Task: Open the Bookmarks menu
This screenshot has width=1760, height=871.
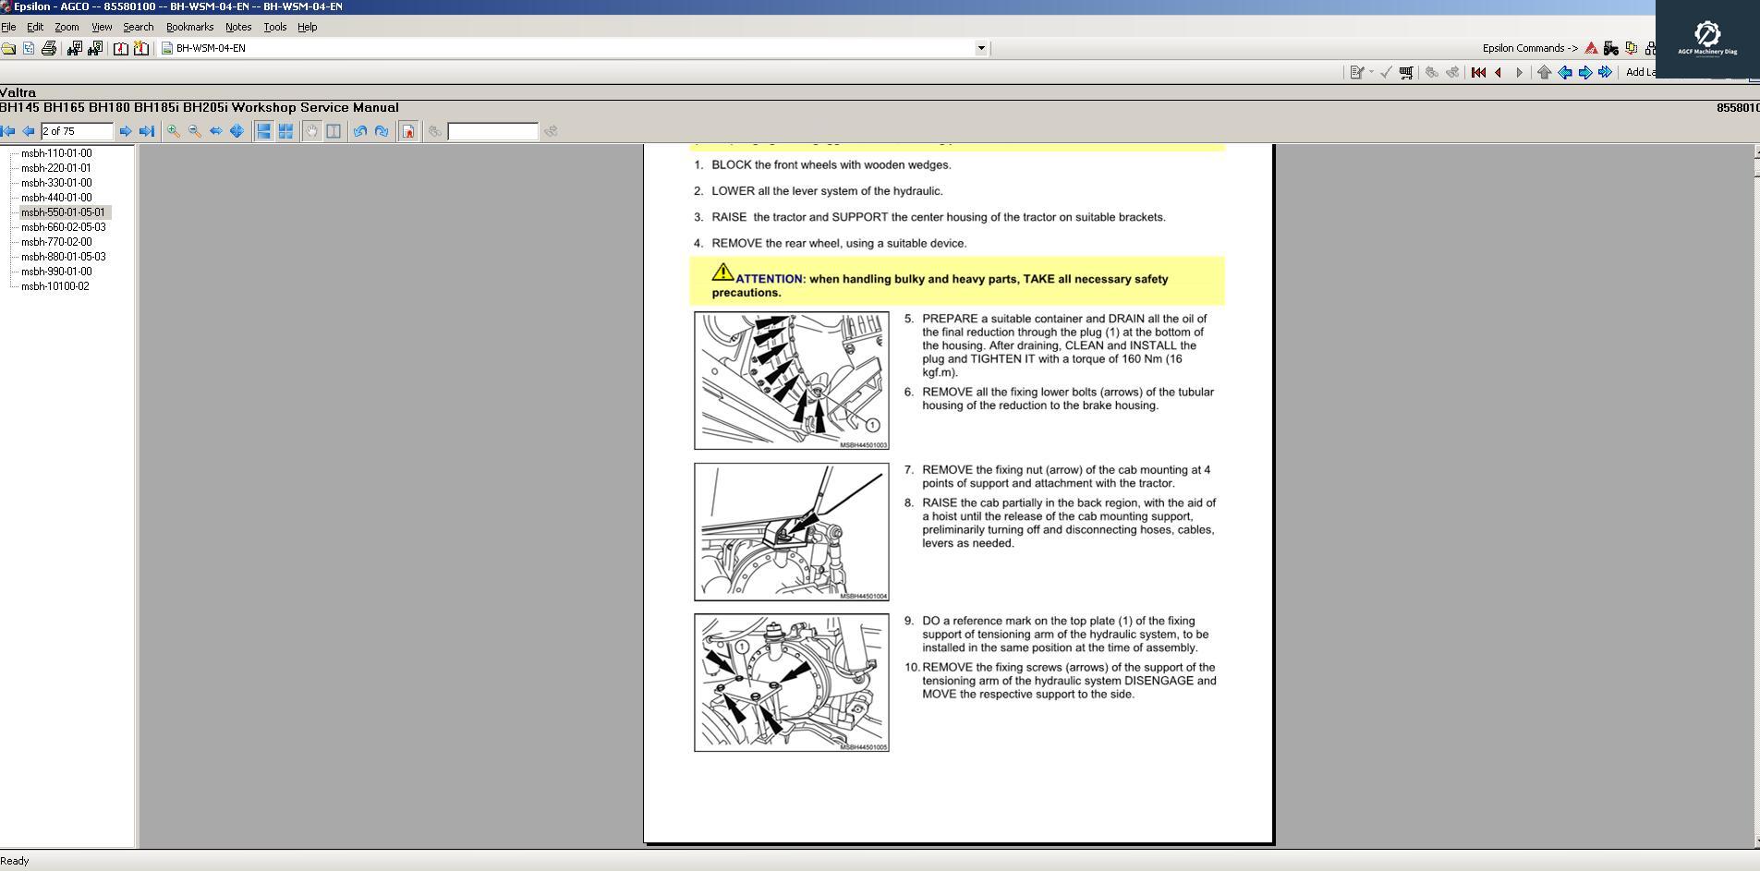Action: pyautogui.click(x=189, y=27)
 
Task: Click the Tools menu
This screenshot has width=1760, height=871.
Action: pyautogui.click(x=274, y=27)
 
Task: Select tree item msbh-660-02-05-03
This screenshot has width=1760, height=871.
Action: pyautogui.click(x=63, y=227)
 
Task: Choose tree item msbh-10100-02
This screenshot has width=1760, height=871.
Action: pyautogui.click(x=55, y=286)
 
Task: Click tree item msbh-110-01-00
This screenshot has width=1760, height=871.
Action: pyautogui.click(x=56, y=153)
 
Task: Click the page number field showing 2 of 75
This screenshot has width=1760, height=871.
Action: pyautogui.click(x=76, y=131)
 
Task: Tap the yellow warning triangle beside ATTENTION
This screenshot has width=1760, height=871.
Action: pyautogui.click(x=722, y=272)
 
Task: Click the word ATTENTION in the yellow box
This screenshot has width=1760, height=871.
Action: pyautogui.click(x=769, y=279)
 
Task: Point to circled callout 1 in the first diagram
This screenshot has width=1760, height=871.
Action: pyautogui.click(x=872, y=425)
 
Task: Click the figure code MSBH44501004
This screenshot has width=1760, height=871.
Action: pyautogui.click(x=863, y=596)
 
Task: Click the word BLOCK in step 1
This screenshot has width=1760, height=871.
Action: pyautogui.click(x=731, y=165)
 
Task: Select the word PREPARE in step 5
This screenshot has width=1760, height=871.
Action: pyautogui.click(x=949, y=319)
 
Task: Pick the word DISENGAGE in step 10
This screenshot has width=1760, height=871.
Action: pyautogui.click(x=1159, y=681)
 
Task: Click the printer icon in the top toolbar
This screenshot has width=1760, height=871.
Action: pyautogui.click(x=49, y=48)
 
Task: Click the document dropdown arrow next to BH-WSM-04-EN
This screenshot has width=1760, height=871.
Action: pyautogui.click(x=981, y=48)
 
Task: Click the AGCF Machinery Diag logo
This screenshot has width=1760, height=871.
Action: pyautogui.click(x=1706, y=39)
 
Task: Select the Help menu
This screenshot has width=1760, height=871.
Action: pyautogui.click(x=307, y=27)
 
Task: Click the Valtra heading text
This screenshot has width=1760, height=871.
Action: pyautogui.click(x=18, y=92)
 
